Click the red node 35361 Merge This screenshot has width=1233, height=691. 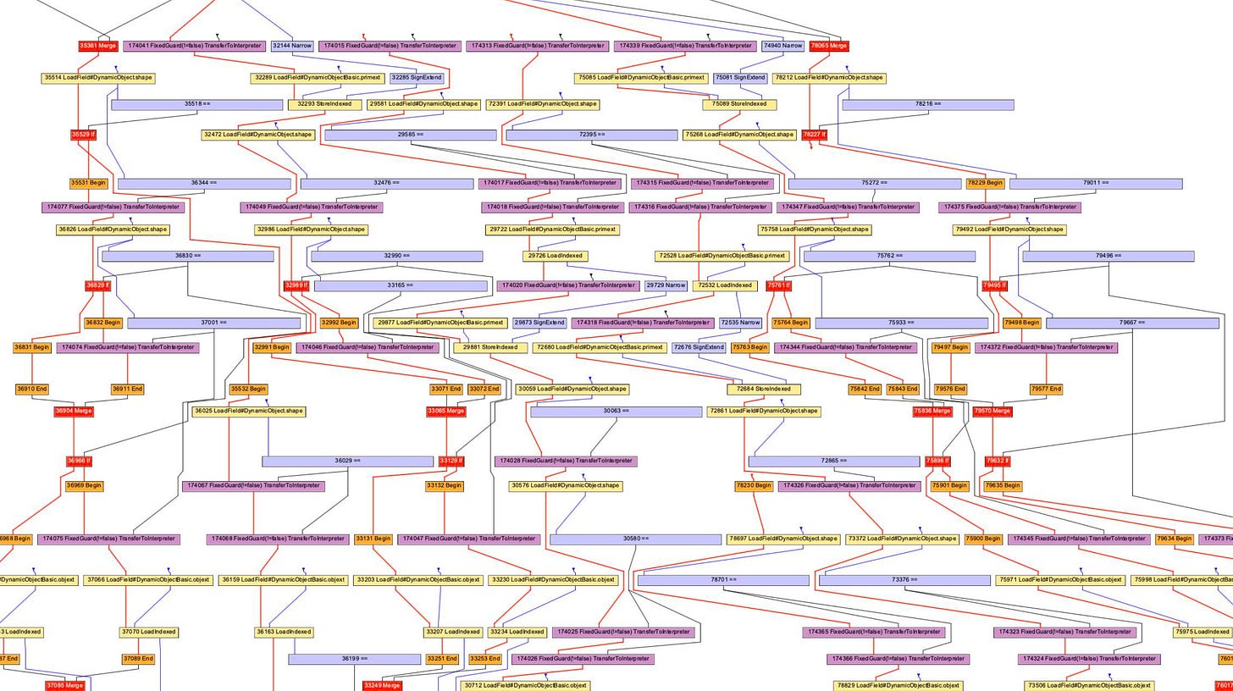(97, 46)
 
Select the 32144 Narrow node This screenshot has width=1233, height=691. (291, 46)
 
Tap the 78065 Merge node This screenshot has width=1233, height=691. (828, 46)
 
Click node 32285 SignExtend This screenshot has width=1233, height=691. (417, 78)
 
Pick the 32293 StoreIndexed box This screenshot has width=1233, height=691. (323, 104)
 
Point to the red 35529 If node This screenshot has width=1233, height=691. (83, 135)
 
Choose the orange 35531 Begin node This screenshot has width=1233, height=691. (88, 183)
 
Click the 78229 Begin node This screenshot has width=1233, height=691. (985, 183)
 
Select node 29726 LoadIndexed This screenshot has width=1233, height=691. (556, 256)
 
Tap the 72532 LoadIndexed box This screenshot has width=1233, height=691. (725, 285)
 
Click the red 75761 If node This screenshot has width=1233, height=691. (778, 285)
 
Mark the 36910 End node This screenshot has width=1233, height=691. (32, 390)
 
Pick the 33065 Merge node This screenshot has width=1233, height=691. (445, 412)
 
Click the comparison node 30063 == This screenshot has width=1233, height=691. (616, 412)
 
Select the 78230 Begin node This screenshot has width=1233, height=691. (754, 486)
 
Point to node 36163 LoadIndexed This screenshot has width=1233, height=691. (284, 632)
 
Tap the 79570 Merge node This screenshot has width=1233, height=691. (992, 412)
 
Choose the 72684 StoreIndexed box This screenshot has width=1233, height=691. (763, 390)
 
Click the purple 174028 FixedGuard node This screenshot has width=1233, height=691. (565, 461)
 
